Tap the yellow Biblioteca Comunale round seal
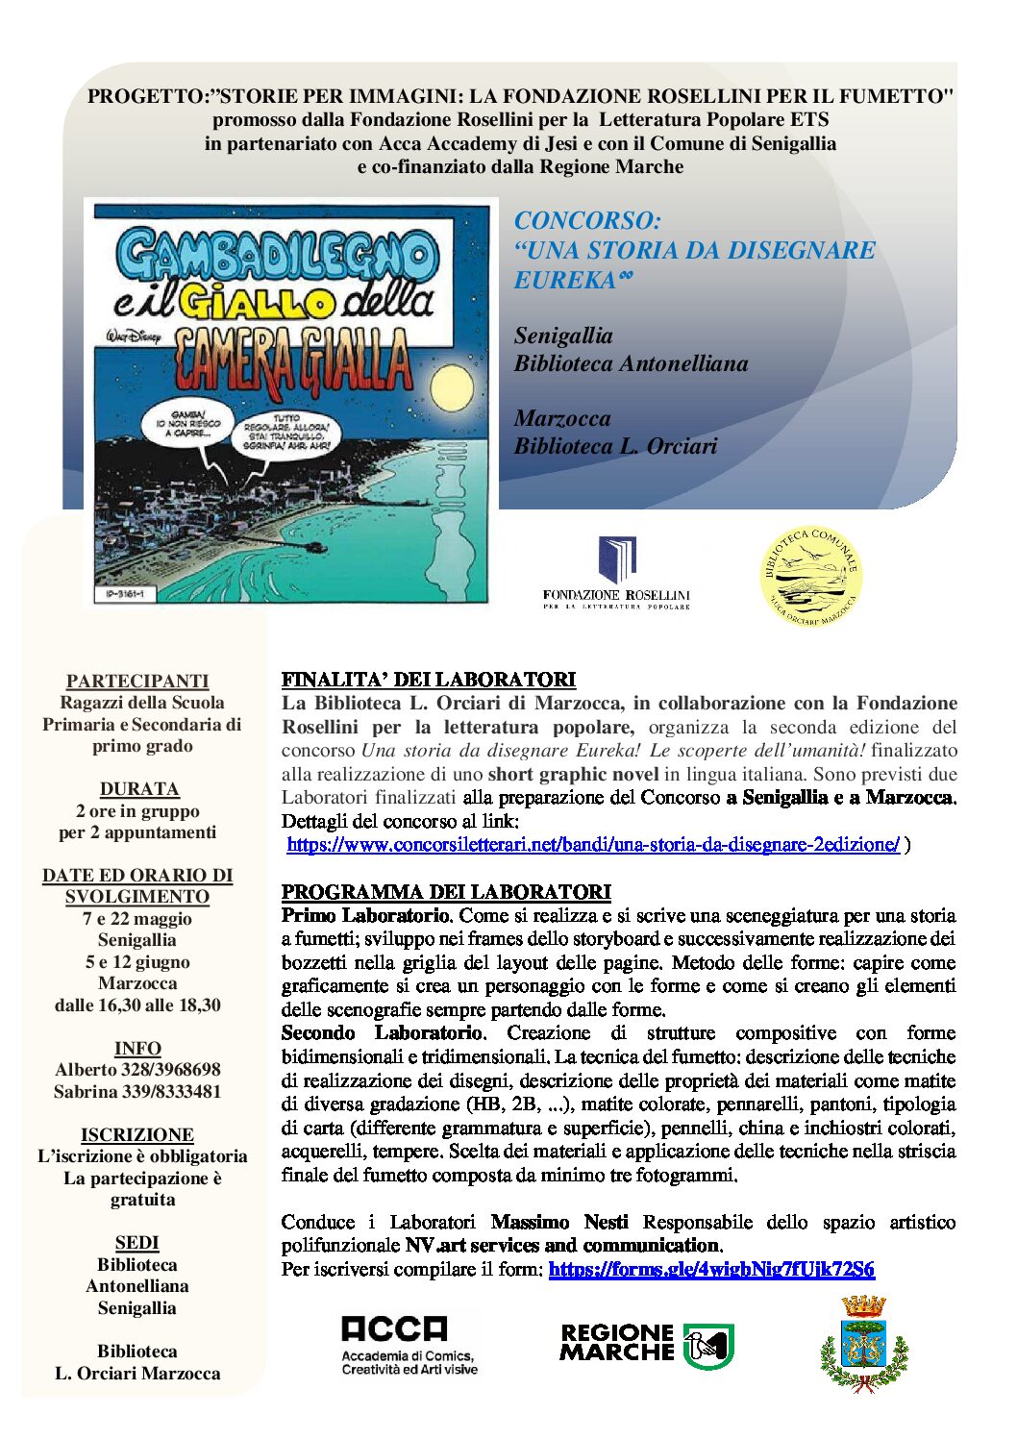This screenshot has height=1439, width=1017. pos(810,575)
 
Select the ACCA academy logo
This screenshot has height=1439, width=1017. pos(409,1344)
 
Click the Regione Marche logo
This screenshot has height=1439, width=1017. pos(647,1344)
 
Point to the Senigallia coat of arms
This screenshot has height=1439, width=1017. pos(863,1343)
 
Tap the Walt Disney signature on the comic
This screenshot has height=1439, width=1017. pos(134,337)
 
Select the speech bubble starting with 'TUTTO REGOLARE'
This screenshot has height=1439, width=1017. pos(286,432)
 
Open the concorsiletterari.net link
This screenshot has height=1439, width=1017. pos(593,845)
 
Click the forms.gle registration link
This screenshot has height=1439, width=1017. pos(711,1269)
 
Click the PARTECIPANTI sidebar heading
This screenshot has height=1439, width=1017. pos(137,681)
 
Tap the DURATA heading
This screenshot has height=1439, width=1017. pos(139,789)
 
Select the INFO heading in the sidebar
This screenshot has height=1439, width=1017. pos(137,1048)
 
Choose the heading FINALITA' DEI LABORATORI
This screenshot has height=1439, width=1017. pos(429,680)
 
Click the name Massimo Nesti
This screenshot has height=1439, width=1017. pos(559,1222)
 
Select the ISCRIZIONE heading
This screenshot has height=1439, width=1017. pos(137,1134)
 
